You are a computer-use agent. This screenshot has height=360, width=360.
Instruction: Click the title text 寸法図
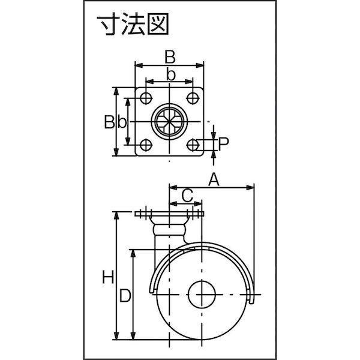pos(133,24)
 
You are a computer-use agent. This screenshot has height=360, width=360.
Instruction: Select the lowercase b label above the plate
pos(170,74)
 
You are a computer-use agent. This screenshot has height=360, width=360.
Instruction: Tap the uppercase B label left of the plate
pos(110,122)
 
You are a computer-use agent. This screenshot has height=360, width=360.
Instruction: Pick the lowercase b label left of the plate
pos(122,122)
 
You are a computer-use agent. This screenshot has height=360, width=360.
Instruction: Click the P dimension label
pos(223,144)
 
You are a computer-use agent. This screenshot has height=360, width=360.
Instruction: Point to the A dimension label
pos(214,180)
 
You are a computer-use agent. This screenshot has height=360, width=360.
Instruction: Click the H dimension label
pos(108,277)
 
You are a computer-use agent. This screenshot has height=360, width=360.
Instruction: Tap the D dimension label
pos(125,295)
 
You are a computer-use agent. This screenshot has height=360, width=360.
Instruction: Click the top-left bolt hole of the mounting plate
pos(146,98)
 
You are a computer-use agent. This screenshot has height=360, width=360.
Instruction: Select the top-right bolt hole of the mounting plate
pos(193,98)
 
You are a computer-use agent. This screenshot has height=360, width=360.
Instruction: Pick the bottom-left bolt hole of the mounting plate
pos(146,145)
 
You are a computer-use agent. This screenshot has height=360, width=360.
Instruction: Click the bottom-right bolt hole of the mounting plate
pos(193,145)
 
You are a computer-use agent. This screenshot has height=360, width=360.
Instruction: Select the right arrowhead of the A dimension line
pos(250,188)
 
